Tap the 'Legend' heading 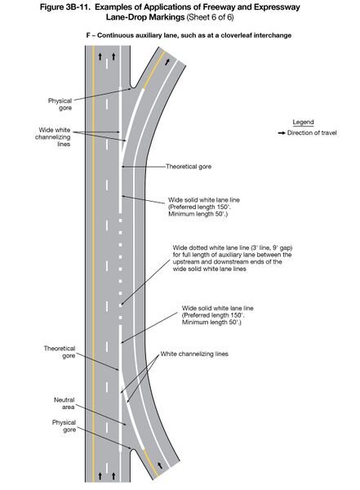291,121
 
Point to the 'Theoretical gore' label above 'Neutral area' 58,351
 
